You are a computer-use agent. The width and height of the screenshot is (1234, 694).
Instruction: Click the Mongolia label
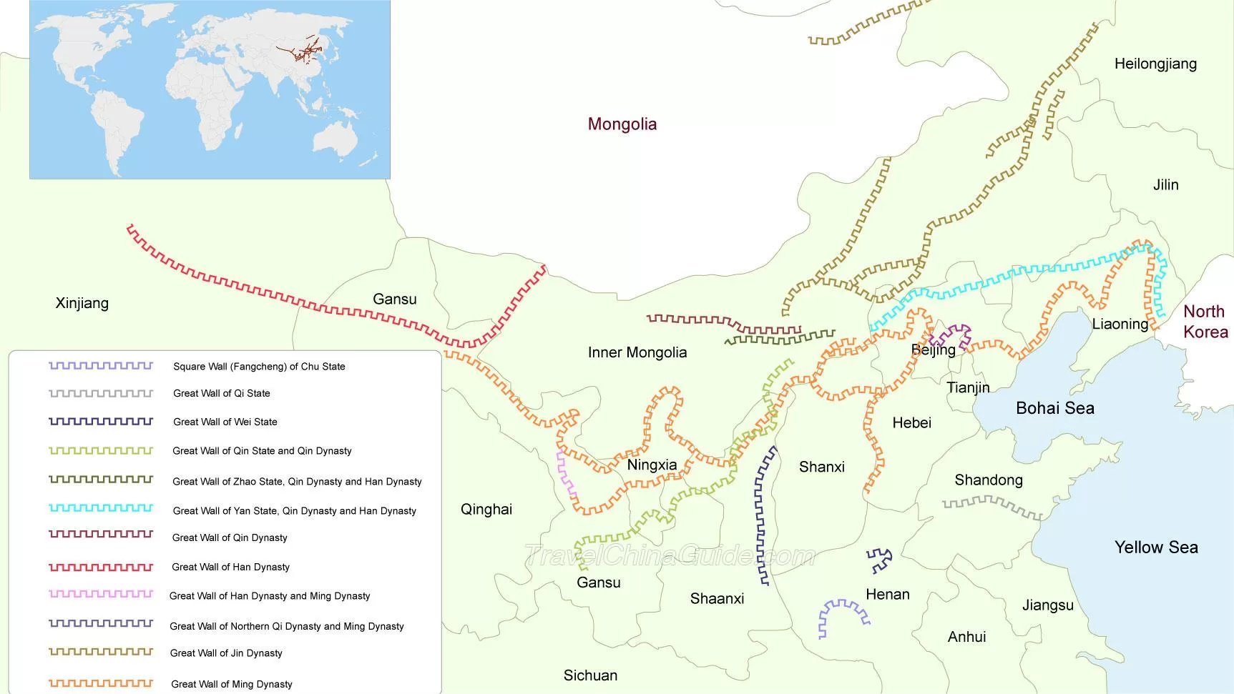pyautogui.click(x=622, y=124)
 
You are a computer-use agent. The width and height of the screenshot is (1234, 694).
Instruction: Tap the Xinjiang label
pyautogui.click(x=82, y=303)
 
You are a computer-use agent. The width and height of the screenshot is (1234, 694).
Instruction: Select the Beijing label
pyautogui.click(x=933, y=350)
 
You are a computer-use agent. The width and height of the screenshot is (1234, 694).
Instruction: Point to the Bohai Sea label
pyautogui.click(x=1054, y=408)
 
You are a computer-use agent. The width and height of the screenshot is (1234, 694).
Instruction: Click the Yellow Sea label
pyautogui.click(x=1155, y=547)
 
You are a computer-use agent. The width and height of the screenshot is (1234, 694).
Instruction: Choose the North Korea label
pyautogui.click(x=1205, y=322)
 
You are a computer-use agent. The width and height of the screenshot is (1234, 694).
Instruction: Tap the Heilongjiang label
pyautogui.click(x=1155, y=64)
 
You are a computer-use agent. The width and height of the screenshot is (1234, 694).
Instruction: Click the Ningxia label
pyautogui.click(x=652, y=465)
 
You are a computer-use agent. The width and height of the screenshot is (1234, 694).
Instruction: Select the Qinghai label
pyautogui.click(x=486, y=510)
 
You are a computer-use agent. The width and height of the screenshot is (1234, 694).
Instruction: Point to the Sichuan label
pyautogui.click(x=590, y=675)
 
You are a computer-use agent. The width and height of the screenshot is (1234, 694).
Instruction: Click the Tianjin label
pyautogui.click(x=968, y=388)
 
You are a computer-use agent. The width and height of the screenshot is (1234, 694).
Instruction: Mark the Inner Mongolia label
pyautogui.click(x=637, y=352)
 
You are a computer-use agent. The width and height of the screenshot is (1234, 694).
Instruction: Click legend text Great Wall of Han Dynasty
pyautogui.click(x=230, y=567)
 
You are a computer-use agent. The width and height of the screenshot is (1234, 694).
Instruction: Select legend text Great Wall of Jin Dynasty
pyautogui.click(x=226, y=653)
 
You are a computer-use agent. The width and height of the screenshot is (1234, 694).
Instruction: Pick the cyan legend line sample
pyautogui.click(x=101, y=508)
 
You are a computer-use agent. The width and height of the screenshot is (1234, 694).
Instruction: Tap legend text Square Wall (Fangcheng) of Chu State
pyautogui.click(x=259, y=367)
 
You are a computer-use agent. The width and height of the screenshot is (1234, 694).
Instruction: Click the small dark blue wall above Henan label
pyautogui.click(x=879, y=560)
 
